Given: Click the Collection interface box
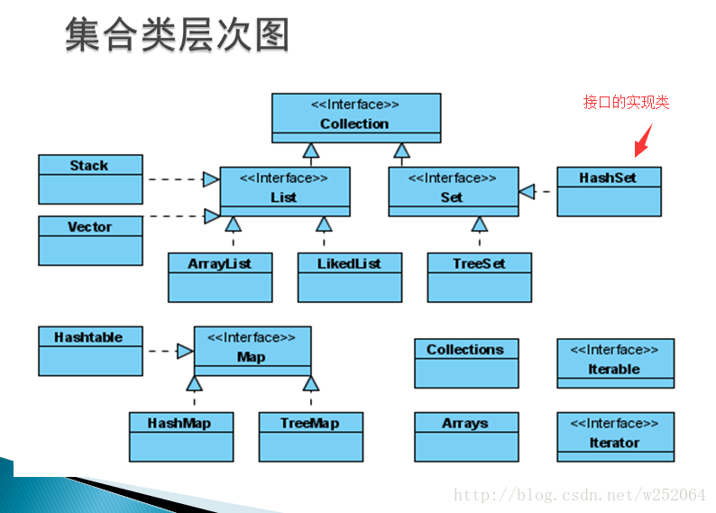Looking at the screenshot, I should click(x=356, y=118).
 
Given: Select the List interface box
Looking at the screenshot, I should click(x=284, y=191).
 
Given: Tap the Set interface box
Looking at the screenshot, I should click(x=453, y=191).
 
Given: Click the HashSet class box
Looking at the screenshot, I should click(x=609, y=191).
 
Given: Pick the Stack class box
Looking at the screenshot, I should click(x=90, y=179).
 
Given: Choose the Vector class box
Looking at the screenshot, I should click(x=90, y=240).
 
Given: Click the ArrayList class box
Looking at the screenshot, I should click(x=220, y=277).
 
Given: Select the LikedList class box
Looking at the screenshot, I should click(x=350, y=277).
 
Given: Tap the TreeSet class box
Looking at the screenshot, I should click(x=480, y=277).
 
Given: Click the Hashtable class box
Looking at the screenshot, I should click(x=90, y=351).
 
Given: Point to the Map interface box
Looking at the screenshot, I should click(x=252, y=351).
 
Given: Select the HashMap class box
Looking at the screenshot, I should click(x=181, y=436).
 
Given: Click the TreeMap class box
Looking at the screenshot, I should click(x=310, y=436).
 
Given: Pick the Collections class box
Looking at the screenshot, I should click(x=466, y=362).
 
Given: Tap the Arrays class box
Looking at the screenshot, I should click(x=466, y=436).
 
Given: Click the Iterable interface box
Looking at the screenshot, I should click(x=615, y=362).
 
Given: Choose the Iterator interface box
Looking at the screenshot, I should click(x=615, y=436).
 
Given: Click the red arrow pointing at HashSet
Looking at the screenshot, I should click(x=643, y=141).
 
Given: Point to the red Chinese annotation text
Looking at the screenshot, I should click(x=626, y=103).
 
